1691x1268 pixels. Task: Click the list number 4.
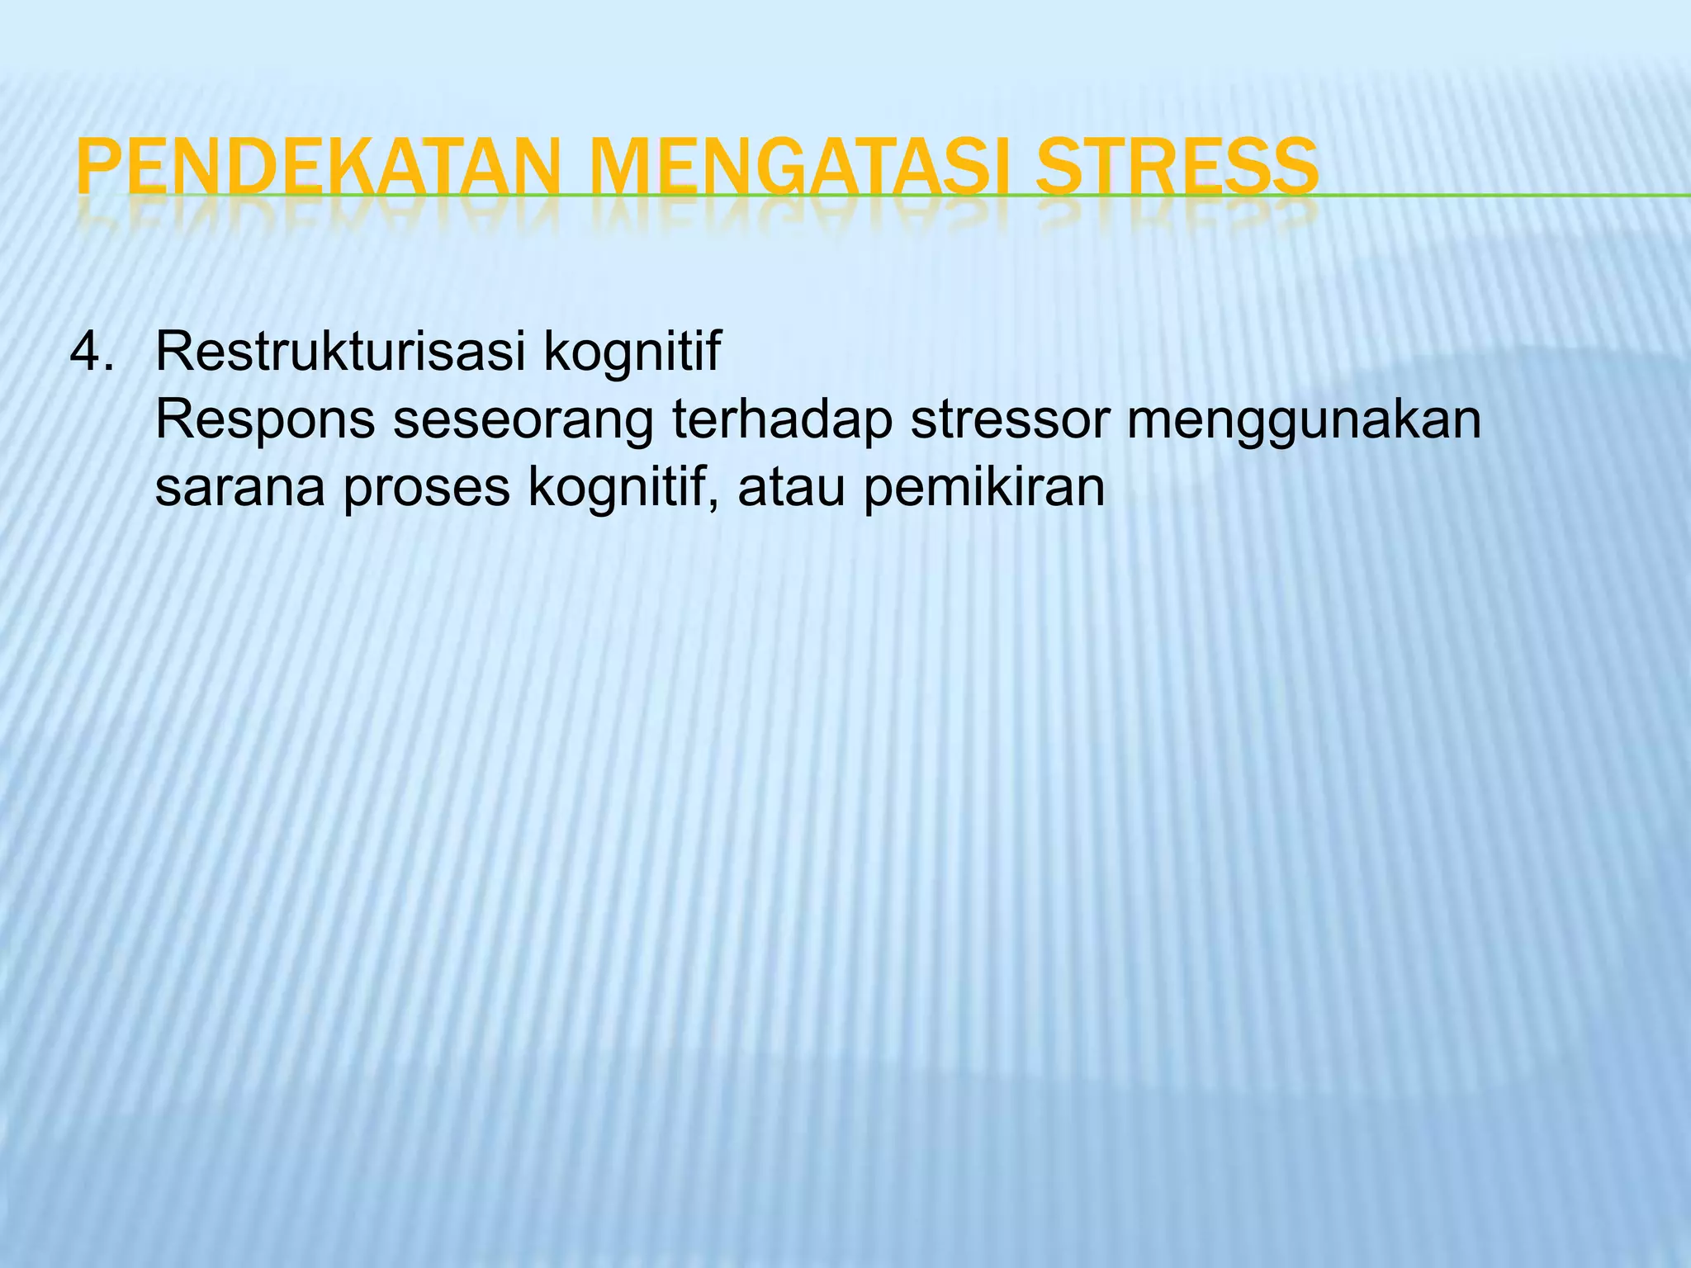[x=91, y=352]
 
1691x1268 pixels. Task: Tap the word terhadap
[x=782, y=419]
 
